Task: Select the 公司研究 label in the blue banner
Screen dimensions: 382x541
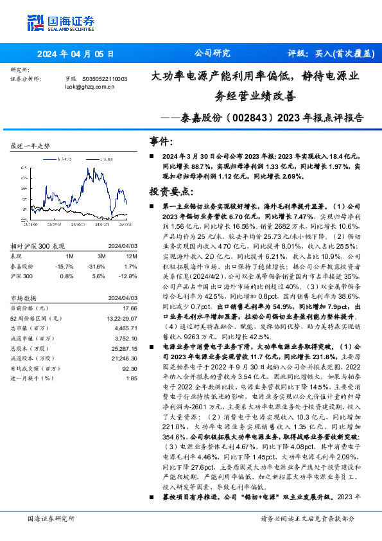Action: [x=211, y=54]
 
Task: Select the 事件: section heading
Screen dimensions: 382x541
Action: [x=161, y=141]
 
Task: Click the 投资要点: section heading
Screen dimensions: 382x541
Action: [x=171, y=191]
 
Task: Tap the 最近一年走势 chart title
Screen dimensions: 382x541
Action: [x=31, y=146]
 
